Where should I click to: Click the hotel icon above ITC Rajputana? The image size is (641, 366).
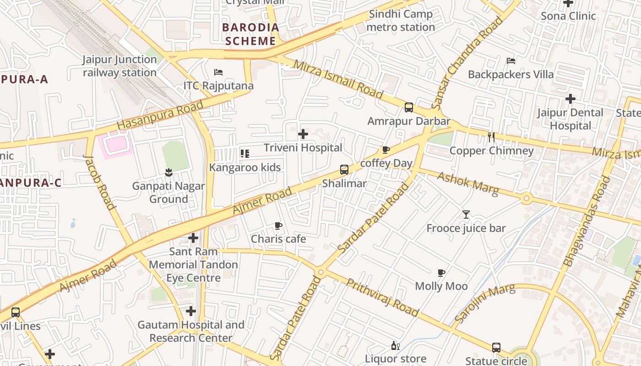(218, 72)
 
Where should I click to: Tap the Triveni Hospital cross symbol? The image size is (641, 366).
(303, 134)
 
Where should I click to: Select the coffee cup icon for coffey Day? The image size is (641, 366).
(386, 150)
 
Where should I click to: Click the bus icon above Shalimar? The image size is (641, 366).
(344, 170)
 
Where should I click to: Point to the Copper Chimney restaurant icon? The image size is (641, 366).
(491, 137)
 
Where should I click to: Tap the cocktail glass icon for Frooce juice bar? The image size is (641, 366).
(466, 214)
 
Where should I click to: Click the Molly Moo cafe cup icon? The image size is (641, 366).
(441, 273)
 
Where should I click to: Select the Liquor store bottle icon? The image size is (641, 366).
(395, 345)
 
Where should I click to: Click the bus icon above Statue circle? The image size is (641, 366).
(496, 347)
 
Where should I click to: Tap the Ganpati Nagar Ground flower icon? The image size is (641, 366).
(169, 172)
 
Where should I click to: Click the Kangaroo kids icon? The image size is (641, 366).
(245, 154)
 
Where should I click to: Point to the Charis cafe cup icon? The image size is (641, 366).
(278, 226)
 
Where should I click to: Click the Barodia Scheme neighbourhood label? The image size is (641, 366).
(251, 34)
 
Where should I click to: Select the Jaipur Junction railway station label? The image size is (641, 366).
(120, 66)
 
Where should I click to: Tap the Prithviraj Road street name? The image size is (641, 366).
(382, 297)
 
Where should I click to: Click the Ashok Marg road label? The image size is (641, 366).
(467, 183)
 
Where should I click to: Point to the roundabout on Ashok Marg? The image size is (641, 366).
(526, 199)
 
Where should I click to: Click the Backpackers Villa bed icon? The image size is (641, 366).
(511, 61)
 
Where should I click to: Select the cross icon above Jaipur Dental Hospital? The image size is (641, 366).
(570, 98)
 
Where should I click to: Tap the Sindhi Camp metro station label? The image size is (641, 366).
(401, 21)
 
